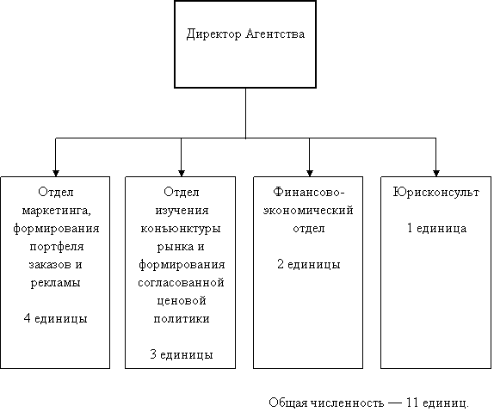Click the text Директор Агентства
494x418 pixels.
pos(245,34)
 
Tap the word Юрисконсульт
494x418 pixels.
pos(436,192)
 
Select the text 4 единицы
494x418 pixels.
pos(55,318)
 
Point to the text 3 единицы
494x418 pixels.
pos(182,354)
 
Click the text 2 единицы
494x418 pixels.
pos(309,264)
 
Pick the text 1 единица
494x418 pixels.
pos(436,228)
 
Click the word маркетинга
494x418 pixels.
pos(57,211)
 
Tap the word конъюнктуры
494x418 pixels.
pos(181,229)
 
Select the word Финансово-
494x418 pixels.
pos(309,192)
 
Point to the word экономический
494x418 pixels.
pos(308,210)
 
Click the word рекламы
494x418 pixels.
pos(55,283)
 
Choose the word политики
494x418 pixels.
pos(182,318)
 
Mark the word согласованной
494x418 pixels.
pos(181,282)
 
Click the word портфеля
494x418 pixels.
pos(57,247)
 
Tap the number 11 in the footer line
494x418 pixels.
pos(412,403)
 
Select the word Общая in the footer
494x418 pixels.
pos(288,403)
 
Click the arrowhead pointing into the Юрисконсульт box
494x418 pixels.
pos(436,174)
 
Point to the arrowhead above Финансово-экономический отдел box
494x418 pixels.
pos(309,174)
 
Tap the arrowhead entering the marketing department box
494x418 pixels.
pos(56,174)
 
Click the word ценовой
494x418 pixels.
pos(182,301)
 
